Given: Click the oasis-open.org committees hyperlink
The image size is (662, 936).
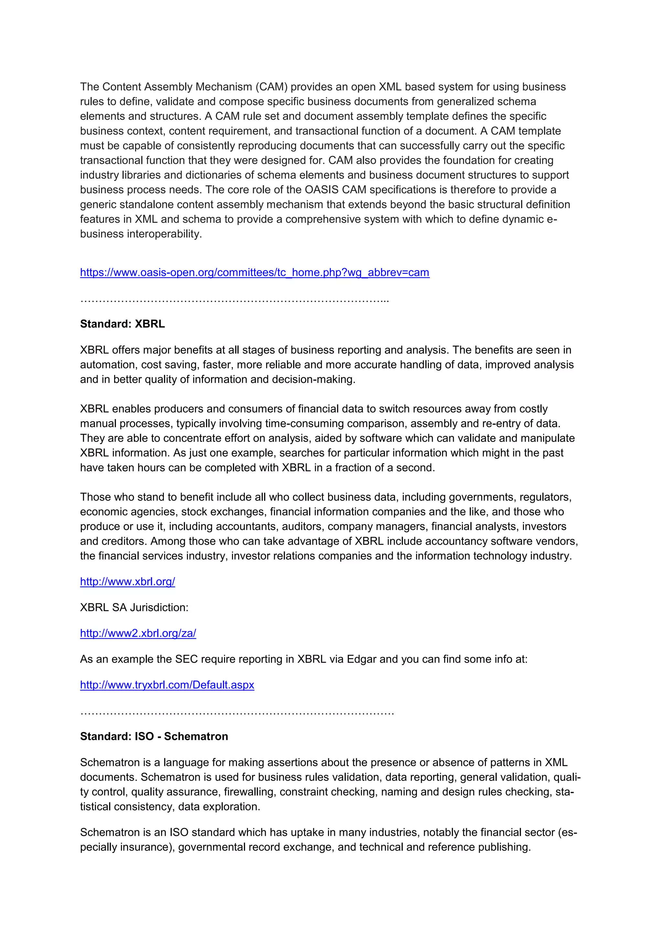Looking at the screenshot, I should coord(254,272).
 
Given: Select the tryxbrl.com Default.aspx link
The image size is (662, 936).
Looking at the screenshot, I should coord(167,685).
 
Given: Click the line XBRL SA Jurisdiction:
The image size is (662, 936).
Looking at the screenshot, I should coord(134,607).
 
